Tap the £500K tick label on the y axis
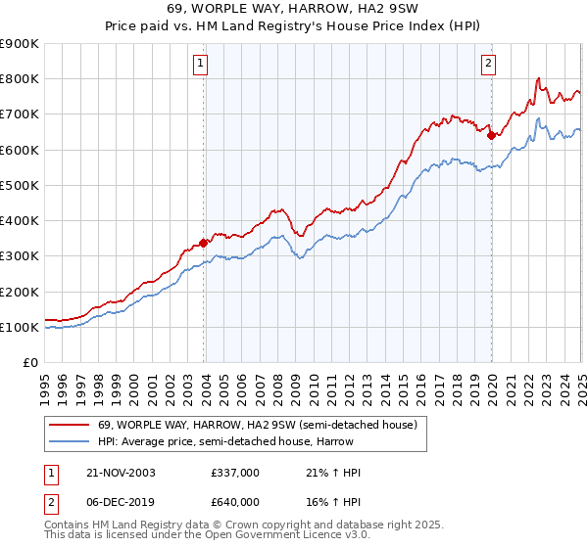[x=20, y=185]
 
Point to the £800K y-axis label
[x=20, y=78]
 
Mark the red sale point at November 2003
[x=204, y=243]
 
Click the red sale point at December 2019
[x=491, y=135]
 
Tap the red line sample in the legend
[x=69, y=425]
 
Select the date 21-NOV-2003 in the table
[x=121, y=473]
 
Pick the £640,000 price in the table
[x=235, y=501]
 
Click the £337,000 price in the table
[x=235, y=473]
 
